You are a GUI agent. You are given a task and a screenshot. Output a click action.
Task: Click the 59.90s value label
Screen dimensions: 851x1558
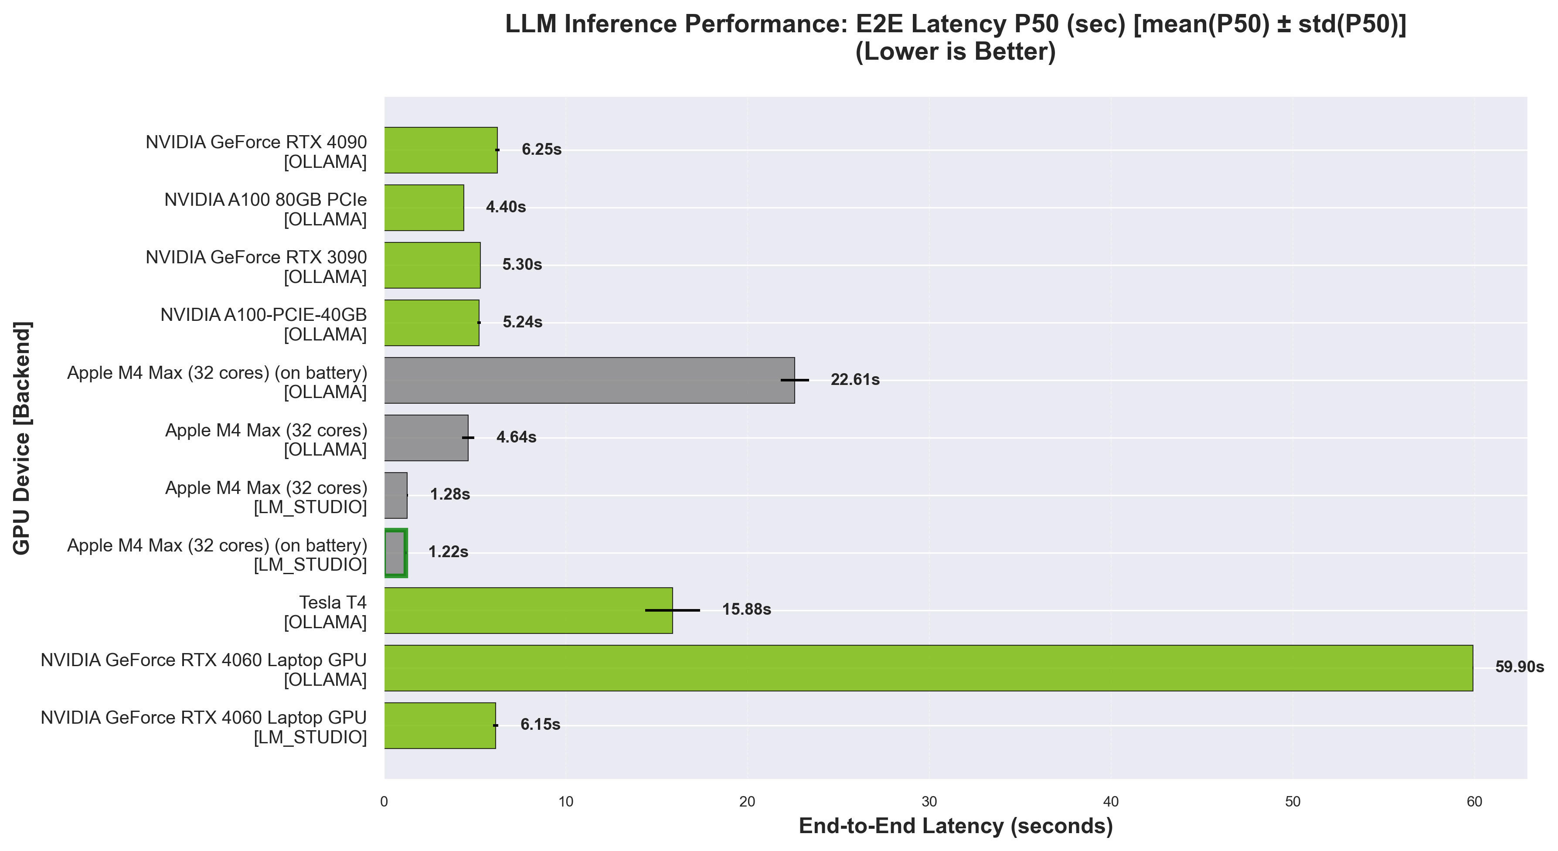coord(1519,667)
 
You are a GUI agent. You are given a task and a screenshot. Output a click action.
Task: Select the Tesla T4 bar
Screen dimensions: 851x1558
coord(527,610)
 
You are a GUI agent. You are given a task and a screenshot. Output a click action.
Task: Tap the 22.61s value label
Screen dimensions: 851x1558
coord(854,380)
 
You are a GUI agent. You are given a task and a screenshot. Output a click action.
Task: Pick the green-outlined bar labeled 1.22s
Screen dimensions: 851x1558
coord(395,552)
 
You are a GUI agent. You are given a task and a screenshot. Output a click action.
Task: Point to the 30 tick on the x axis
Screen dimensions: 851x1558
coord(929,802)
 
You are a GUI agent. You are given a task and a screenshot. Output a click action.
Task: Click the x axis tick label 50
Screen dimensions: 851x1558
coord(1293,802)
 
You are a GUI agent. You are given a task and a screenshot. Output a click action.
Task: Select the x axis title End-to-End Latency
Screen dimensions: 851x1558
coord(956,826)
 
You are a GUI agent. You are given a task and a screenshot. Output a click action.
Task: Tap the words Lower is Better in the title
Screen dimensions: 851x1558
coord(955,52)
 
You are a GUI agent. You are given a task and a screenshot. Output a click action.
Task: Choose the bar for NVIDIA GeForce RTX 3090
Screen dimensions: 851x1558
coord(432,265)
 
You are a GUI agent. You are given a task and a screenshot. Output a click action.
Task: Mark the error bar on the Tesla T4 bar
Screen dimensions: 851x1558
coord(673,610)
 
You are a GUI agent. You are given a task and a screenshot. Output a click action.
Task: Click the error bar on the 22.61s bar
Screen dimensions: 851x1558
coord(794,380)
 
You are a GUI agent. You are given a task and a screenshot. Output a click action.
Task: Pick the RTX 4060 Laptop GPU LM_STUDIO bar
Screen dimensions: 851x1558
coord(440,725)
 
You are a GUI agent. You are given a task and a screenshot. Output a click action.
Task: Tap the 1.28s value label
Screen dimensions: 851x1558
coord(449,495)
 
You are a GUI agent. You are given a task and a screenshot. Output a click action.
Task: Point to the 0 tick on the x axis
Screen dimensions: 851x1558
coord(384,802)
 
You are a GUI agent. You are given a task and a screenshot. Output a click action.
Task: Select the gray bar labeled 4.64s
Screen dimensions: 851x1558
coord(426,437)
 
